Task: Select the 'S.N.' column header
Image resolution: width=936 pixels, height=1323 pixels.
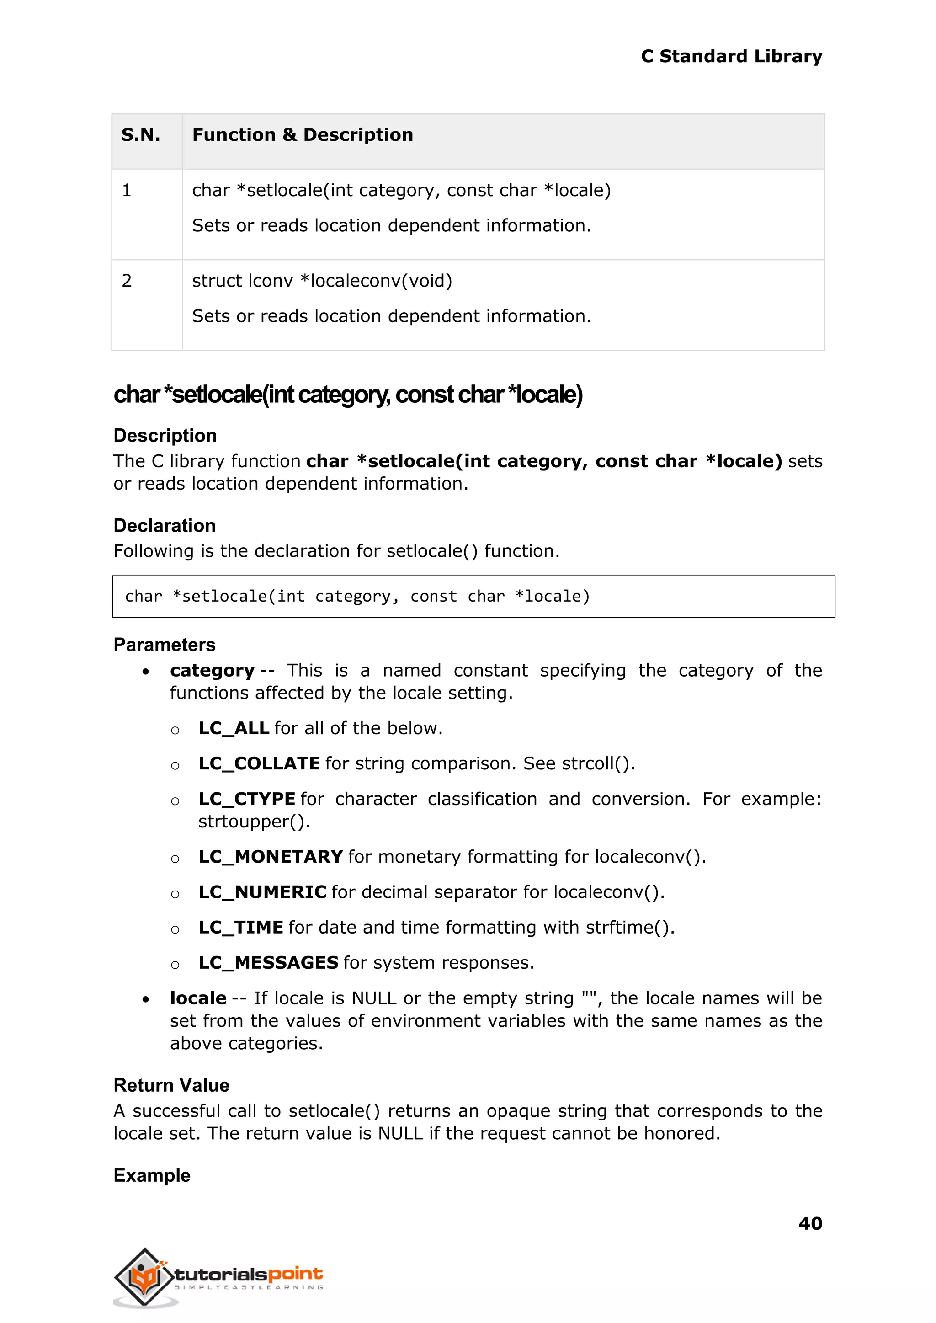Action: pos(141,135)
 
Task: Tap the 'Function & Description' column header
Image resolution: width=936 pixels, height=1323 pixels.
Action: pos(303,135)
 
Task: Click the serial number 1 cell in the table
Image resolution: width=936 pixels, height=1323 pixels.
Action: pos(127,190)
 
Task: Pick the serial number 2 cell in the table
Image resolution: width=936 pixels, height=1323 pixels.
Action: pos(127,281)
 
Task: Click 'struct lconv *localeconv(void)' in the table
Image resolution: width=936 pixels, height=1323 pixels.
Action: pos(322,281)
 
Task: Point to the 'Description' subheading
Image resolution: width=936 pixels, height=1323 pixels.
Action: pos(165,435)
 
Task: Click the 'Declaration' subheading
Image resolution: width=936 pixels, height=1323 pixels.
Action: pos(164,525)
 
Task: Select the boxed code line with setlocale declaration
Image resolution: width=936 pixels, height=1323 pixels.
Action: pos(357,596)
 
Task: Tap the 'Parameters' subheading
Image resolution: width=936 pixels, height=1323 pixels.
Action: pos(164,645)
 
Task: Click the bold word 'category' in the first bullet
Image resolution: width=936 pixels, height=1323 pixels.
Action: pos(212,671)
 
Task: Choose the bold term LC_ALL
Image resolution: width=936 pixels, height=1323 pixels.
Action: pos(234,728)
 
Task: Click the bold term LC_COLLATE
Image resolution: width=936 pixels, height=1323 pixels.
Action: pos(259,763)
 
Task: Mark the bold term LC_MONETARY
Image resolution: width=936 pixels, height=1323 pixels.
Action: pos(270,857)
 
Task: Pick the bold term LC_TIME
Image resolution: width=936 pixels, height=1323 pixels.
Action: pos(240,927)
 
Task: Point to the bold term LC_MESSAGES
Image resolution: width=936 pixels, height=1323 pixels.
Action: pos(268,963)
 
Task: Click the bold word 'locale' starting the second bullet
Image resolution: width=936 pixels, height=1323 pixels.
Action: pos(198,998)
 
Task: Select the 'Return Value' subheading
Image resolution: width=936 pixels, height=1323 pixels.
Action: pos(171,1085)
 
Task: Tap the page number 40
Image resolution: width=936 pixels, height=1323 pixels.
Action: pos(810,1223)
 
